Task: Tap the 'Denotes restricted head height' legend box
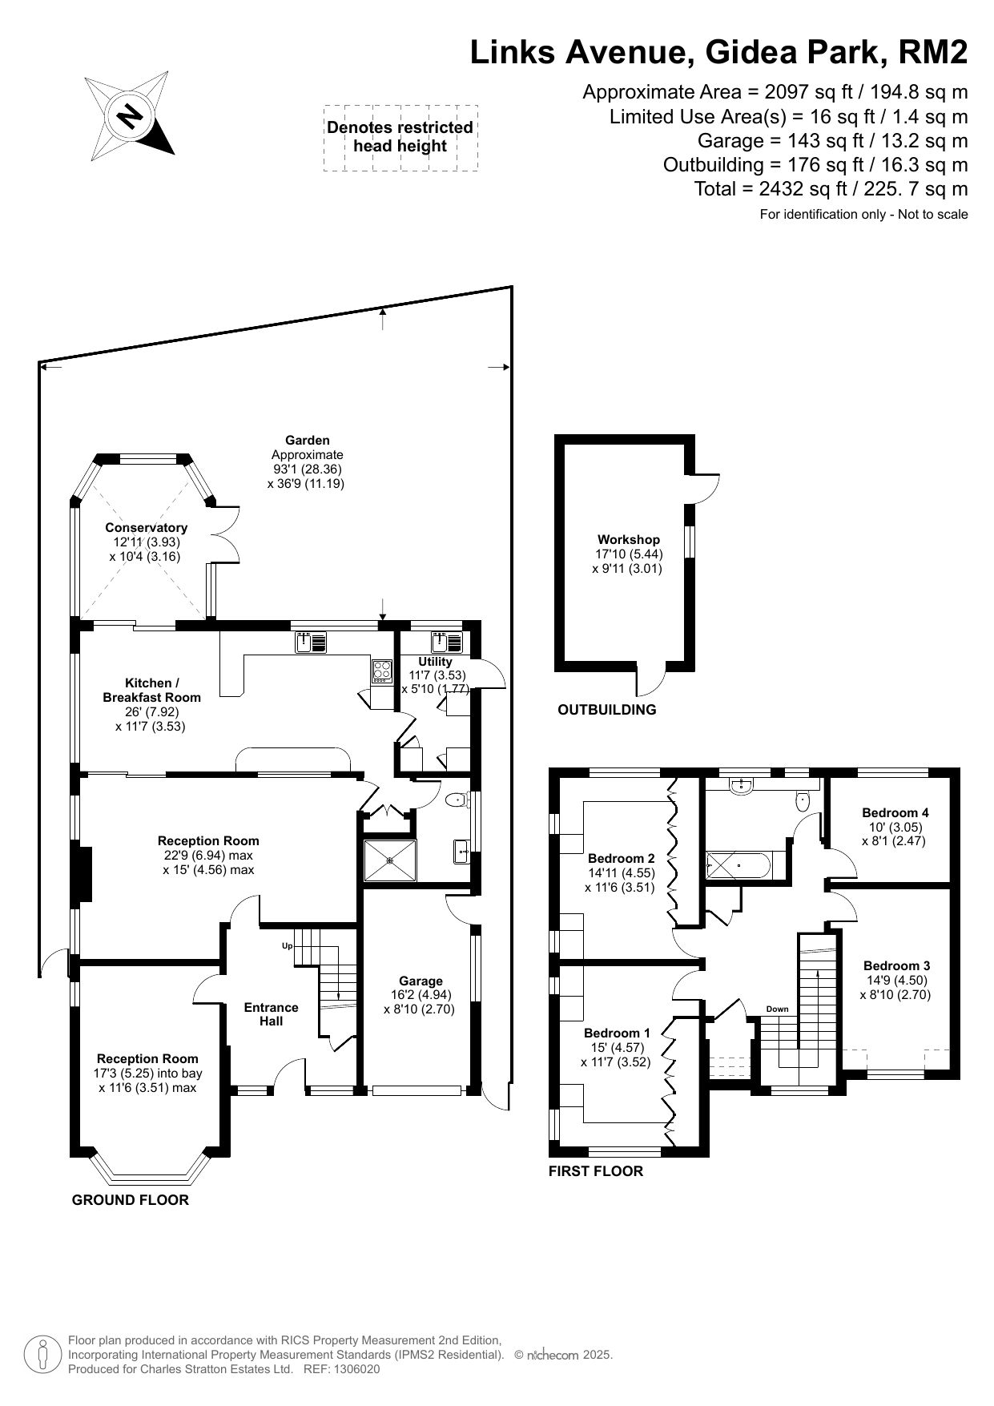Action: click(x=400, y=137)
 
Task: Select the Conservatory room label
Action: click(x=147, y=527)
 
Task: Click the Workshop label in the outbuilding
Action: click(x=629, y=540)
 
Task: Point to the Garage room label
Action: click(x=421, y=981)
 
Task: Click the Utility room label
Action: click(x=435, y=662)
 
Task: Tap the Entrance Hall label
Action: click(x=272, y=1014)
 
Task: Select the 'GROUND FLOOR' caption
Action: click(x=131, y=1199)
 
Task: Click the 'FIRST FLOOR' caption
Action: click(x=596, y=1170)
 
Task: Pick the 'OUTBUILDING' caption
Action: click(x=607, y=709)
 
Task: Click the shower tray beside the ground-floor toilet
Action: click(x=390, y=860)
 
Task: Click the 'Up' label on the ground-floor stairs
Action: click(x=288, y=946)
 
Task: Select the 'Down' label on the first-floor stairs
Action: click(x=777, y=1009)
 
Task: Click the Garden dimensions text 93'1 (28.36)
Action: click(x=308, y=469)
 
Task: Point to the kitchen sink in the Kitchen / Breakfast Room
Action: click(x=311, y=642)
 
